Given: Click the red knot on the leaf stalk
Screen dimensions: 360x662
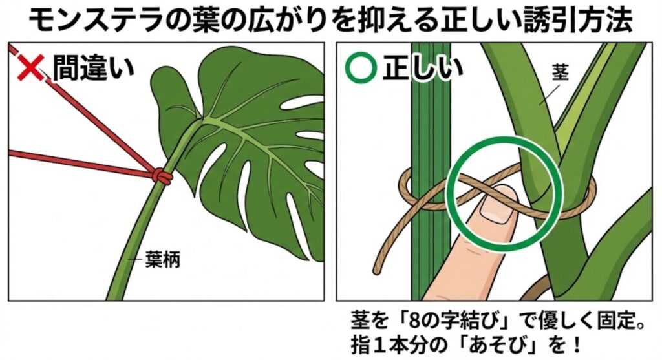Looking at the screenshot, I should tap(160, 176).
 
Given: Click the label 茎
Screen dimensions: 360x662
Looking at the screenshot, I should tap(560, 72).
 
